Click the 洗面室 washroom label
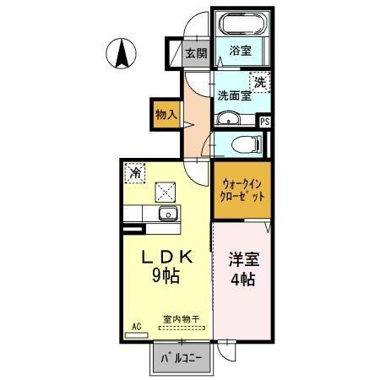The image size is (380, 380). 233,95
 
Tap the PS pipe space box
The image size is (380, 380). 265,122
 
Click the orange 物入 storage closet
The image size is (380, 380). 166,112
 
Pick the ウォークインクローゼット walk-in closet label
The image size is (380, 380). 243,188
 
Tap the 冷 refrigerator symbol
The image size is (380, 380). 135,173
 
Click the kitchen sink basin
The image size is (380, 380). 166,213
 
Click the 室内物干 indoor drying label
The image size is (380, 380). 181,320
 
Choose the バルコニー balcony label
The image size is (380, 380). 182,358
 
